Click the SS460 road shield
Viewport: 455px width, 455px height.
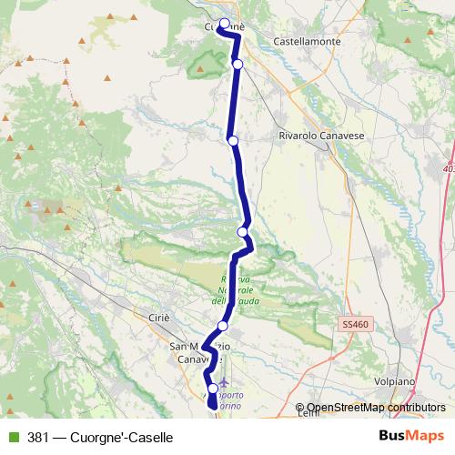point(356,323)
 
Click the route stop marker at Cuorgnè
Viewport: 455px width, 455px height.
point(225,24)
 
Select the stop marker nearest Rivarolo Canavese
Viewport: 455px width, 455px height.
point(233,140)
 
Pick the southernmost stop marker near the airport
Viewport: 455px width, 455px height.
point(213,389)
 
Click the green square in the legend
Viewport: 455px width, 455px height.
point(13,438)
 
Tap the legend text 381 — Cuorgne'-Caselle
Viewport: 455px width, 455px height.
point(100,438)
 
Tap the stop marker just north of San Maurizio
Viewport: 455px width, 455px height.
point(222,326)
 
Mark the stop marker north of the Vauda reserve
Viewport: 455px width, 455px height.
point(242,232)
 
